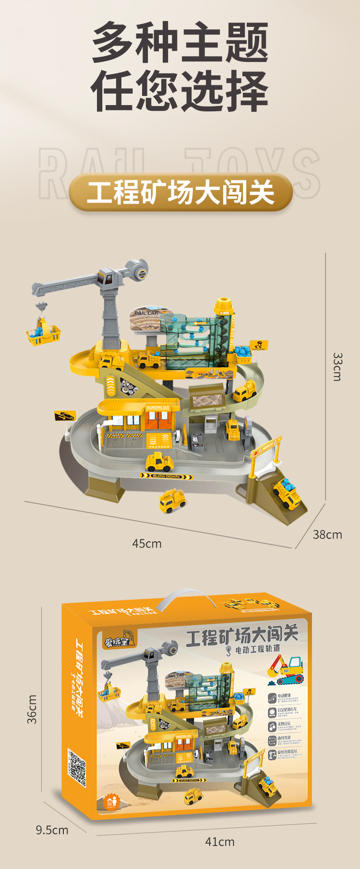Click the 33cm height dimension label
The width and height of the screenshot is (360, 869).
click(x=337, y=367)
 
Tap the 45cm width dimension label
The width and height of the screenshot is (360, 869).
click(x=147, y=544)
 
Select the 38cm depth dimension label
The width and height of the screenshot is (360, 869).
click(x=327, y=535)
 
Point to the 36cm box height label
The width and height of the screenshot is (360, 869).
click(x=32, y=709)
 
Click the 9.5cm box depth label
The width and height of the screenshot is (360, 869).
click(x=52, y=830)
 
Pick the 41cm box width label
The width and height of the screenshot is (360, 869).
click(x=220, y=842)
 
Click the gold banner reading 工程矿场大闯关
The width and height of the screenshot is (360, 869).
click(x=180, y=192)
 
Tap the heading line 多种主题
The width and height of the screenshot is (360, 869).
click(x=180, y=43)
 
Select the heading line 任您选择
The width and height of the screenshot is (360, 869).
click(x=180, y=91)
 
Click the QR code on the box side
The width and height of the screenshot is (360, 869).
click(x=76, y=768)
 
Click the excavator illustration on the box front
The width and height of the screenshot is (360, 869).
click(x=287, y=669)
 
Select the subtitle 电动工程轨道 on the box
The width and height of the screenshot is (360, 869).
click(x=257, y=650)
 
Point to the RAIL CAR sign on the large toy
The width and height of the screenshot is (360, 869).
click(x=146, y=313)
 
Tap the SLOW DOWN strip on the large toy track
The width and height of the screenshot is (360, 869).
click(x=166, y=476)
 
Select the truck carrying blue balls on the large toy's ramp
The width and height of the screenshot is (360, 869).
click(x=287, y=493)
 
